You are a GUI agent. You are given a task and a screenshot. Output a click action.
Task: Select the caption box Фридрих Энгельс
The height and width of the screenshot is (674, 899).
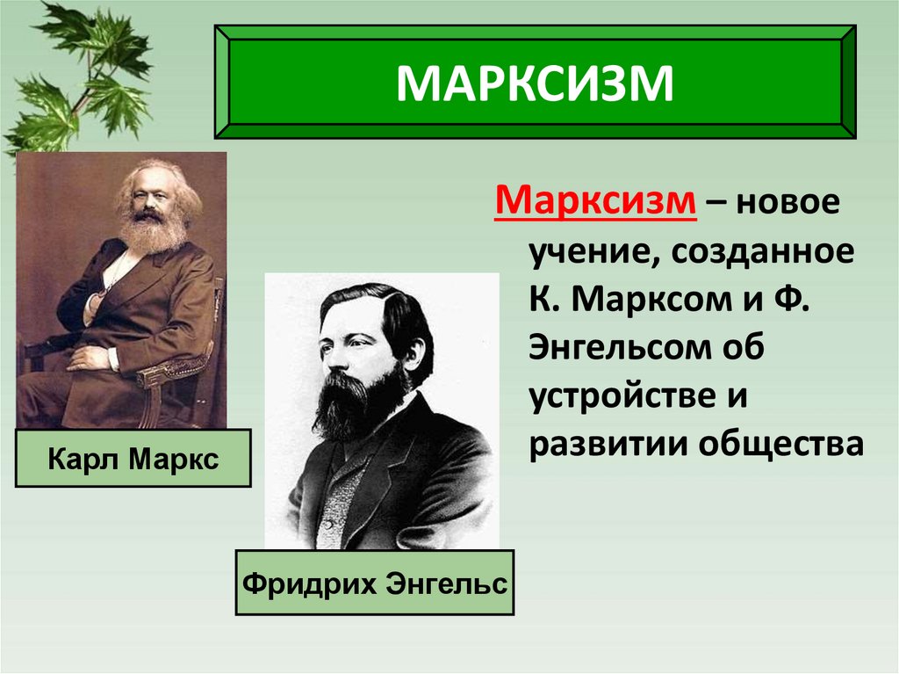click(375, 583)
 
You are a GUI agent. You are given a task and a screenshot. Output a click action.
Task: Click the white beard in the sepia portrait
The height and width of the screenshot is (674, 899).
click(154, 231)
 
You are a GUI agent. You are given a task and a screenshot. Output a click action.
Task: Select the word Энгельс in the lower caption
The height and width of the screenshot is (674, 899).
click(447, 583)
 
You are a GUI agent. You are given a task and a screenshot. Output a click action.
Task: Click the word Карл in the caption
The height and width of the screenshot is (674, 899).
click(80, 459)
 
